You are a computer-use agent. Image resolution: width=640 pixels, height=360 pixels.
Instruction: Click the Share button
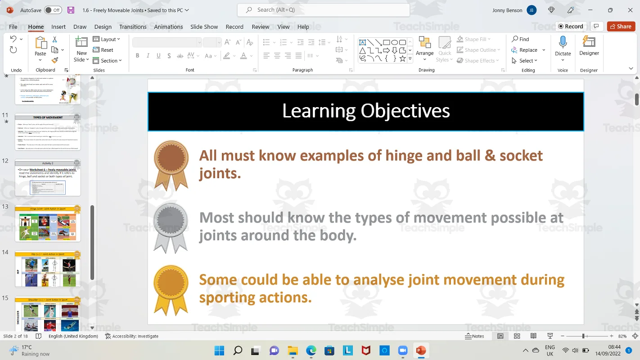(621, 27)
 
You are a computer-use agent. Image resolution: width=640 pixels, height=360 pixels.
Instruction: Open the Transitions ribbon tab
(133, 27)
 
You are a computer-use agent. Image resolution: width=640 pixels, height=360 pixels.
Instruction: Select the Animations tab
(168, 27)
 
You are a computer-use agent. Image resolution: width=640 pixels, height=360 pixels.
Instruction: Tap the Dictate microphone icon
(563, 42)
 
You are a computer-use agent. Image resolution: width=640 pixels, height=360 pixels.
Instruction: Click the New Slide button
(81, 49)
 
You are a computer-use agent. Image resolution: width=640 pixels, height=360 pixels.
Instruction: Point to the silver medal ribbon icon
(171, 227)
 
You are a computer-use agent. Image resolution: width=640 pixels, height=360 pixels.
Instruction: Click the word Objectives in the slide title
(405, 111)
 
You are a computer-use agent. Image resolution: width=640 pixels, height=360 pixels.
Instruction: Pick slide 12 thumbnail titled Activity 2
(48, 177)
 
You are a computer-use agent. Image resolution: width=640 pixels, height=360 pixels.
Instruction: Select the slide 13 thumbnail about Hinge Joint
(48, 223)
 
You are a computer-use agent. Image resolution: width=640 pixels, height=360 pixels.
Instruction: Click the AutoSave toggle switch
(53, 10)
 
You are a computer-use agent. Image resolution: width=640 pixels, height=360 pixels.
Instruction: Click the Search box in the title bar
(323, 10)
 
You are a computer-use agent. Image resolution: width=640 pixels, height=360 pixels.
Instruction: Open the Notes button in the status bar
(474, 336)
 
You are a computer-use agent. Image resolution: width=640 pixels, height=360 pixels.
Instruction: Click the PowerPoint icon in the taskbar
(421, 351)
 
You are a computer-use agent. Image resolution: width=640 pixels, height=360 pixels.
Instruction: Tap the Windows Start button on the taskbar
(219, 351)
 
